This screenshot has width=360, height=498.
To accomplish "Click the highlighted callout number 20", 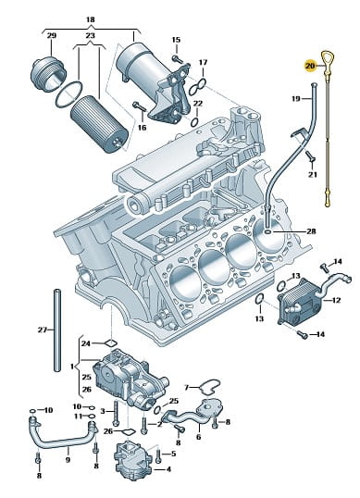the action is point(310,66).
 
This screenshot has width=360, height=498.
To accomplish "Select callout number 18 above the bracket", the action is point(91,19).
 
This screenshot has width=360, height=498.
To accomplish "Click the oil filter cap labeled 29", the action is point(48,74).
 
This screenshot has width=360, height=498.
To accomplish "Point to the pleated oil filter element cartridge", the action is point(99,124).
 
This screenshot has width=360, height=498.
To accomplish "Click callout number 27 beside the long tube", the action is point(43,330).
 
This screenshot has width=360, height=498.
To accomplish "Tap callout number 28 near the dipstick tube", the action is point(312,231).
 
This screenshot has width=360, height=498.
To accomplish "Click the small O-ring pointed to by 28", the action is point(267,232).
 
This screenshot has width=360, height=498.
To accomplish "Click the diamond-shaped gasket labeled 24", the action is point(111,343).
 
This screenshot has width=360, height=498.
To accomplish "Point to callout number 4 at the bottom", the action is point(168,469).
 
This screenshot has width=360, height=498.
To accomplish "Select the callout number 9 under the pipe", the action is point(68,459).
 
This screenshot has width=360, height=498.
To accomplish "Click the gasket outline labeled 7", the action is point(209,387).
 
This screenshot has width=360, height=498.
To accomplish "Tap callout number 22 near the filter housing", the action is point(197,104).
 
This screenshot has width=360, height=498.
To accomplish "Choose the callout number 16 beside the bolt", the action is point(142,128).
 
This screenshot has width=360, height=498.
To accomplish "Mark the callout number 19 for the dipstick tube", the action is point(295,99).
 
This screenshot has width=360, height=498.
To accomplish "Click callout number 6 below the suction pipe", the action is point(198,437).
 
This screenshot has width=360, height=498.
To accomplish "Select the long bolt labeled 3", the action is point(116,413).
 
